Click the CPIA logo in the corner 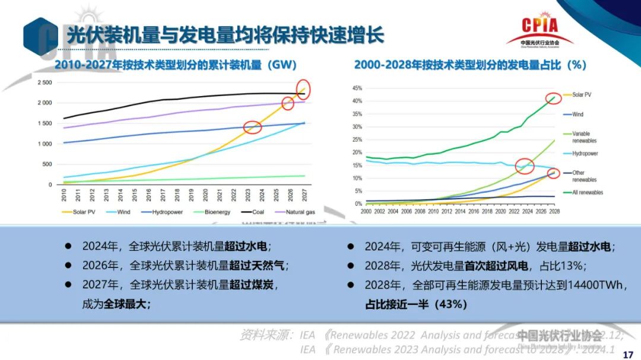pyautogui.click(x=540, y=30)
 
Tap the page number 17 pyautogui.click(x=627, y=355)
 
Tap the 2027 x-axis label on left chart pyautogui.click(x=304, y=194)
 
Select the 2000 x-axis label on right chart pyautogui.click(x=366, y=211)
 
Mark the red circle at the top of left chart pyautogui.click(x=304, y=90)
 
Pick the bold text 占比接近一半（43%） pyautogui.click(x=416, y=304)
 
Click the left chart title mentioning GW pyautogui.click(x=175, y=65)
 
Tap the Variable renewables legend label pyautogui.click(x=584, y=137)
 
